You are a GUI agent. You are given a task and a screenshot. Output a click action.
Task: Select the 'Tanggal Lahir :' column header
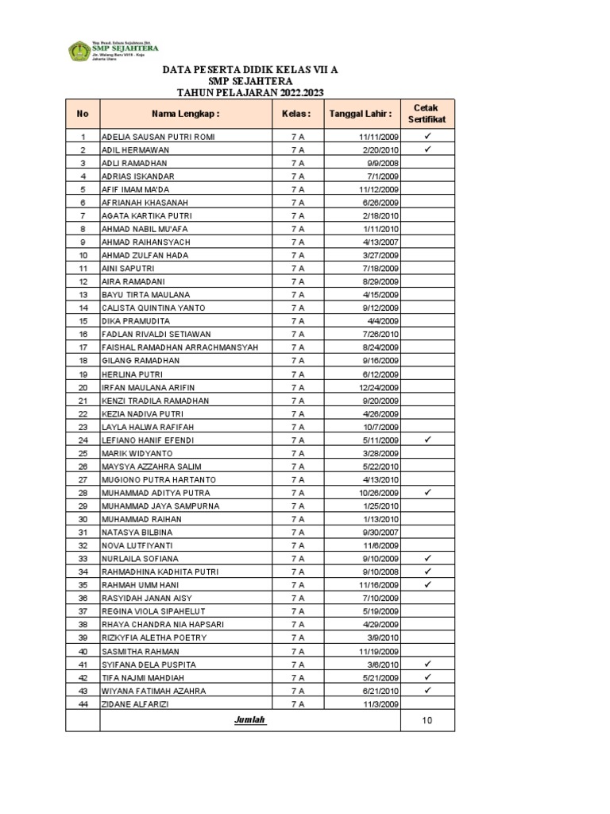pos(366,114)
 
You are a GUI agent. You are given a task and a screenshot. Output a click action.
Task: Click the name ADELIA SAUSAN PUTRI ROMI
pos(157,137)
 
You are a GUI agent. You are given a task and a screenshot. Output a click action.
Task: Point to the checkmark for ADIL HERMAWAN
pos(427,149)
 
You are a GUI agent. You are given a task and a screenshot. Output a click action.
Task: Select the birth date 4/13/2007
pos(380,242)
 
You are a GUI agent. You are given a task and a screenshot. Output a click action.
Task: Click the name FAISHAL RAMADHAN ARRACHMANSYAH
pos(180,347)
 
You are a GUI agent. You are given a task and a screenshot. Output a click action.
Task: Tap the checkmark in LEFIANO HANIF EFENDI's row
pos(427,440)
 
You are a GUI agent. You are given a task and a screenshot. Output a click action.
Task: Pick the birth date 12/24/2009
pos(378,387)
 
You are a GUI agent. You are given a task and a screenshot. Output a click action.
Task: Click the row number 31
pos(83,532)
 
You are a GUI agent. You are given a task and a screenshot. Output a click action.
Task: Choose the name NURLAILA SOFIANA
pos(140,559)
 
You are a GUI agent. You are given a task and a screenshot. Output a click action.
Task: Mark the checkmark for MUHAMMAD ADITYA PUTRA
pos(427,493)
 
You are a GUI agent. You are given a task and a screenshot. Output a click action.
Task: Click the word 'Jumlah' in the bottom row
pos(249,720)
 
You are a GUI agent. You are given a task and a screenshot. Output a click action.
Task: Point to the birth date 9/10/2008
pos(380,572)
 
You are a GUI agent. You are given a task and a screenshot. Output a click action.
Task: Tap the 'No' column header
pos(83,114)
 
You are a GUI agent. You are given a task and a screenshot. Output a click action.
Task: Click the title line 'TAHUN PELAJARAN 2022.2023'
pos(249,92)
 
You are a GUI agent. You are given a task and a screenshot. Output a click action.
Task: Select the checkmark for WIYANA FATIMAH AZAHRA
pos(427,691)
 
